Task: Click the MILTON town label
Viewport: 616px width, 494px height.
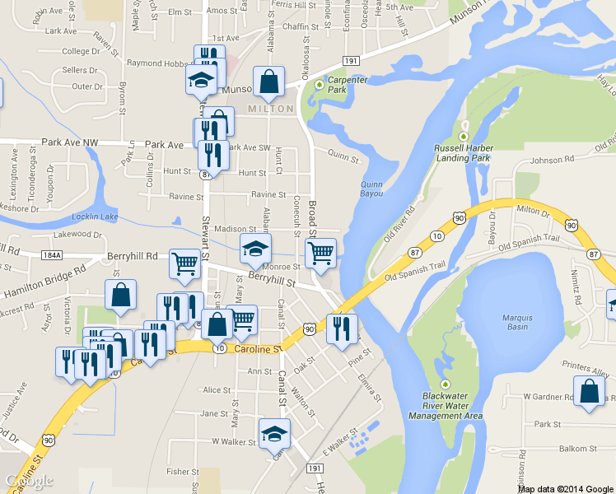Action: pyautogui.click(x=270, y=109)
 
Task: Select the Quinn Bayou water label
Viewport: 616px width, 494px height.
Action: pyautogui.click(x=372, y=189)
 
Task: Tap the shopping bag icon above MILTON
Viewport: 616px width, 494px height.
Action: pyautogui.click(x=268, y=82)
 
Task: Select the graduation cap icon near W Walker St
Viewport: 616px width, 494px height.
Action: pyautogui.click(x=275, y=433)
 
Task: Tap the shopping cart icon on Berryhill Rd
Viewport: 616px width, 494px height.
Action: pyautogui.click(x=184, y=263)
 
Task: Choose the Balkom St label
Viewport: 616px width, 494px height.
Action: pyautogui.click(x=577, y=449)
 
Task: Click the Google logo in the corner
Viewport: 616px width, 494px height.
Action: pyautogui.click(x=29, y=481)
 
